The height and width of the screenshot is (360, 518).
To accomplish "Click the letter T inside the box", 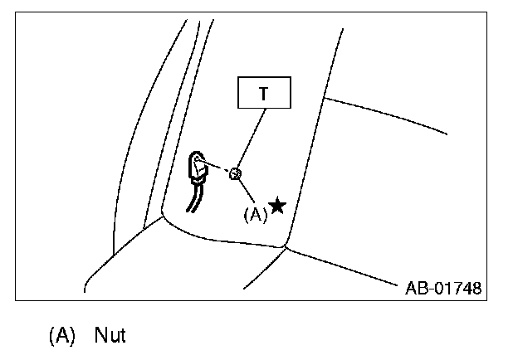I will [x=264, y=94].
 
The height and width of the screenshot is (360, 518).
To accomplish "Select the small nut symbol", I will [x=235, y=174].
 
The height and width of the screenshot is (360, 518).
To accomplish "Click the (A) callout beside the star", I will [x=255, y=212].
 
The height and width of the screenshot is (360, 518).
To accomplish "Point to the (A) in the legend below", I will [x=61, y=336].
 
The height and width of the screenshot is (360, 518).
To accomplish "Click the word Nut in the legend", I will [x=110, y=336].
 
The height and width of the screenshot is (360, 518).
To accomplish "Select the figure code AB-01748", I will [x=443, y=289].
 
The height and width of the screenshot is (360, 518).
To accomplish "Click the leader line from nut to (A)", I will [x=246, y=191].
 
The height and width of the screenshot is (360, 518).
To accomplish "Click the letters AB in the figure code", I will [x=416, y=289].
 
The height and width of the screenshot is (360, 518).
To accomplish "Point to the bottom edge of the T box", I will [x=264, y=109].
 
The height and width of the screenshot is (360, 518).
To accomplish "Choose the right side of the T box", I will [x=291, y=94].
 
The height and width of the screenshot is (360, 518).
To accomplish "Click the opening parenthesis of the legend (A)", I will [x=51, y=336].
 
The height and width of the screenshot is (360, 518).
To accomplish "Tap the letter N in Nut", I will [x=100, y=336].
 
